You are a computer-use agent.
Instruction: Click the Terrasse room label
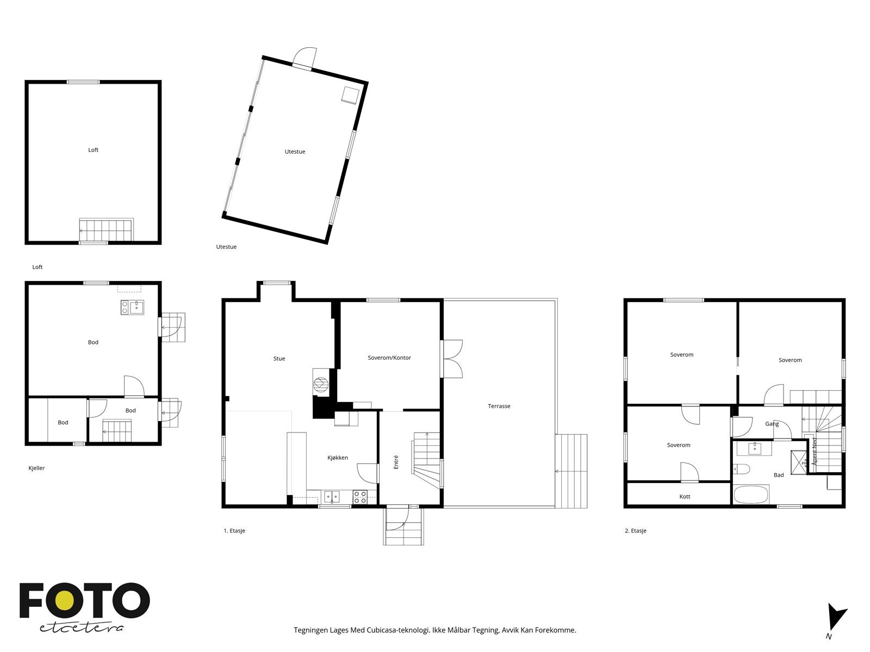499,406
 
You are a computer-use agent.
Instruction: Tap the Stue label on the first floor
279,358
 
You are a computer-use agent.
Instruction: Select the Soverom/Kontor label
389,358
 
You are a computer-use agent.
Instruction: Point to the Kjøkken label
337,457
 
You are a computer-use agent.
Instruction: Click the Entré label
395,462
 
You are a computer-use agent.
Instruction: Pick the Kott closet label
685,496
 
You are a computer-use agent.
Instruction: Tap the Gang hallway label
772,424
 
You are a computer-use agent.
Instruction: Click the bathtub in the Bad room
751,494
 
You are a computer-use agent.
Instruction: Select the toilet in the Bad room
741,469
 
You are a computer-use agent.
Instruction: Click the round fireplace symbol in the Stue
320,384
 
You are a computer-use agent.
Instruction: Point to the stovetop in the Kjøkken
360,497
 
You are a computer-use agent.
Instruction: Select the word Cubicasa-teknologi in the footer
399,630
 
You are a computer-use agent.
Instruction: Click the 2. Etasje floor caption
635,530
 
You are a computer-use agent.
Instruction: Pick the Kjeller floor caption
36,468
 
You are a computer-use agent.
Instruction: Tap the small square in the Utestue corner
351,95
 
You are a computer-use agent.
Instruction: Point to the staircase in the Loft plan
106,230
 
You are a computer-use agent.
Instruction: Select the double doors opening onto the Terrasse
452,359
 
